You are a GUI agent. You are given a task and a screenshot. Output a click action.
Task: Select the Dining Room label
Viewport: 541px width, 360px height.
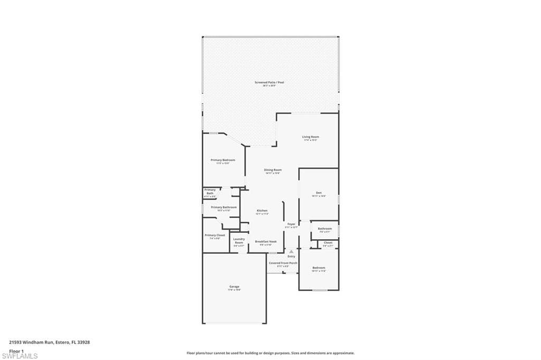point(273,170)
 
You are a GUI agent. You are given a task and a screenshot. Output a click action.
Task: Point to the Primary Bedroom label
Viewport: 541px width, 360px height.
point(222,160)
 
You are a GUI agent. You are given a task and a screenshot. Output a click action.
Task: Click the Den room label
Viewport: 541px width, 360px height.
point(319,193)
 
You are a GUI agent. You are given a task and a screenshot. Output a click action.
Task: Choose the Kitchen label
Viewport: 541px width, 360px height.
point(263,210)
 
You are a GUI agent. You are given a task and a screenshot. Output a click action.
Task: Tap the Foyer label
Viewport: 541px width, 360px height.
point(291,224)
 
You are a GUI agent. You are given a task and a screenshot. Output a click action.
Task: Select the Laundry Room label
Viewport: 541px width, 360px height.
point(239,241)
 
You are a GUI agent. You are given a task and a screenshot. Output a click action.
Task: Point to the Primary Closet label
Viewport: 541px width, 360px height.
point(214,235)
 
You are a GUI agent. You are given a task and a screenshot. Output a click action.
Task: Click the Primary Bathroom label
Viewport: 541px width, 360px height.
point(223,207)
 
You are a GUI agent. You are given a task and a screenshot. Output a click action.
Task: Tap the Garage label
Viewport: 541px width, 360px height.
point(234,287)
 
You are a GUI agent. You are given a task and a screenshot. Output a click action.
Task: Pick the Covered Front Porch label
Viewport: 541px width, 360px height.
point(283,263)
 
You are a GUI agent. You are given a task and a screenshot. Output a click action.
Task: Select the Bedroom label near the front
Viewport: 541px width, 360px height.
point(319,268)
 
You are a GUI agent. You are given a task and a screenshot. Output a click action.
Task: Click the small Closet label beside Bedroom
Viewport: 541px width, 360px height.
point(328,243)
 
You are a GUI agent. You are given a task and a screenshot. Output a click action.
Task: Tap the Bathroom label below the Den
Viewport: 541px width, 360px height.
point(325,229)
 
